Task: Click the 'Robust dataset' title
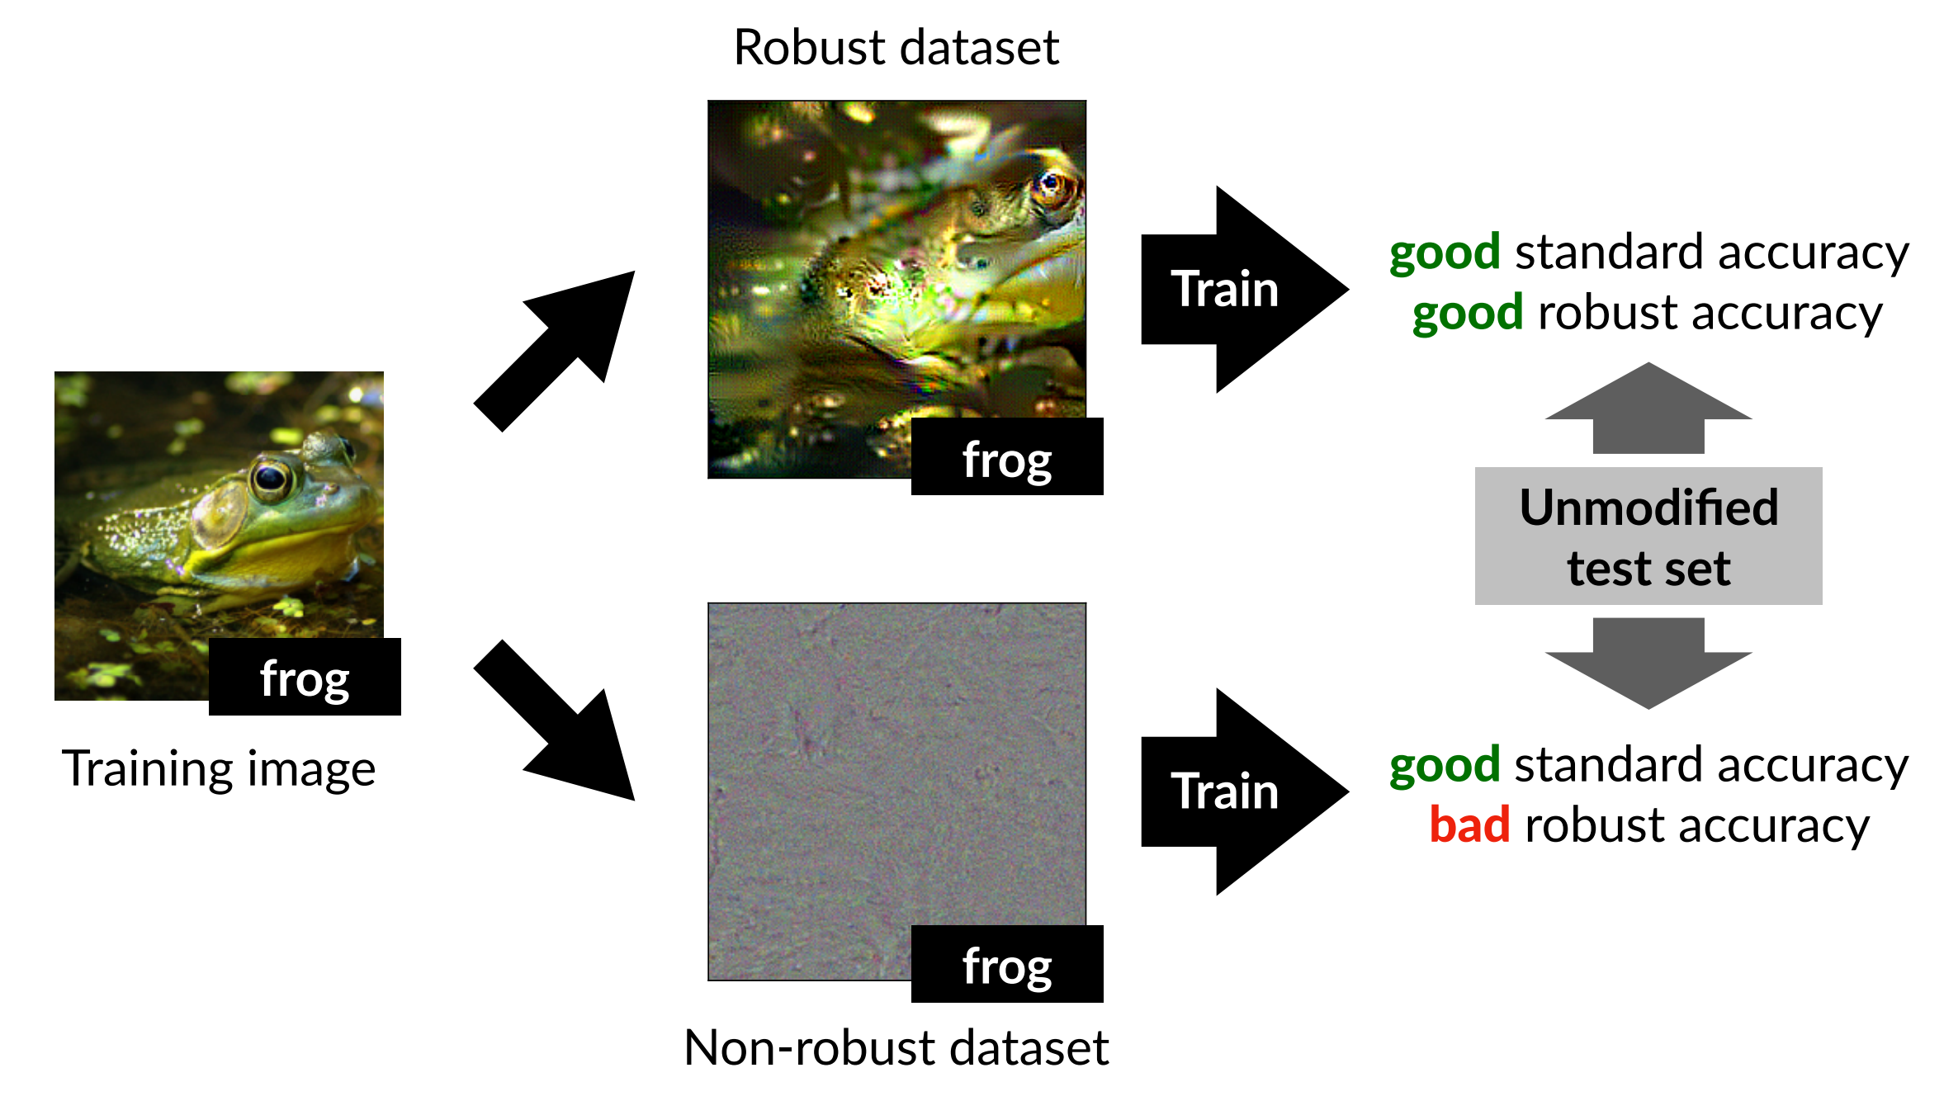click(x=896, y=47)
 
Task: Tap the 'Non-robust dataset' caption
click(x=896, y=1047)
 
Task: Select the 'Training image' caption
click(x=219, y=768)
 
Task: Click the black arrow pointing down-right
click(x=561, y=726)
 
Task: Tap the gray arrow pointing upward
click(x=1648, y=409)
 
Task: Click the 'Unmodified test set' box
click(x=1648, y=536)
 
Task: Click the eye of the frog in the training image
click(x=270, y=477)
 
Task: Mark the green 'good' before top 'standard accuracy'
click(x=1444, y=252)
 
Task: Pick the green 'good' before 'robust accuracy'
click(x=1467, y=313)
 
